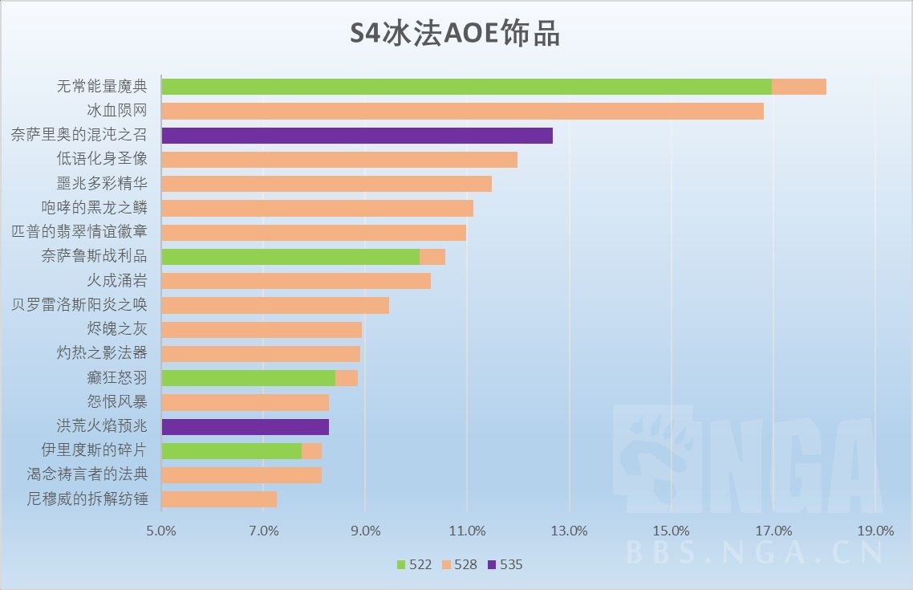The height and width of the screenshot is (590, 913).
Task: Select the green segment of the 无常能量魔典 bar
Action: (466, 87)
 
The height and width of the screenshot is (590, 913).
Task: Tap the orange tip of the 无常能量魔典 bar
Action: (799, 87)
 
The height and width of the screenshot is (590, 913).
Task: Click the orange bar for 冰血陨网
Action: (462, 111)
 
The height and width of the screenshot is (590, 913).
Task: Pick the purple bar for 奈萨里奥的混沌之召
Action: (357, 135)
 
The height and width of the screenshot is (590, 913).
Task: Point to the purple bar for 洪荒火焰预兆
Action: (245, 426)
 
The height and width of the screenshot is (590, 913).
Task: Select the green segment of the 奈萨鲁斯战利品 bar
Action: (290, 257)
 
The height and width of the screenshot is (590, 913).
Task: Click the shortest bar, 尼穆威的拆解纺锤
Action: (219, 499)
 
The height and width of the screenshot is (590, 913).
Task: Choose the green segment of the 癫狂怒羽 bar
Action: (248, 378)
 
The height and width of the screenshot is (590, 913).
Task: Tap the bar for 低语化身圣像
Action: (339, 160)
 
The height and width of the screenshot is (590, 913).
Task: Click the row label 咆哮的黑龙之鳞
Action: (95, 208)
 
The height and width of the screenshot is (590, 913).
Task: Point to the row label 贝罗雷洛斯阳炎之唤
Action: (79, 305)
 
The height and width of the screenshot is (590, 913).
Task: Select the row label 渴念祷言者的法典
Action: (87, 474)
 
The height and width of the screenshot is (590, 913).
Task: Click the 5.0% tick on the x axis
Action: (161, 531)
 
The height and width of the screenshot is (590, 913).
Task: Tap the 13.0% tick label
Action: (569, 531)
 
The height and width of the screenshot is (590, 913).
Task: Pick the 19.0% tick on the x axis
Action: (875, 531)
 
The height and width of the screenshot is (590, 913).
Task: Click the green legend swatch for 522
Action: (402, 564)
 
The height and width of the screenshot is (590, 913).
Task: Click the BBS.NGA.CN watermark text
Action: (754, 553)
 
